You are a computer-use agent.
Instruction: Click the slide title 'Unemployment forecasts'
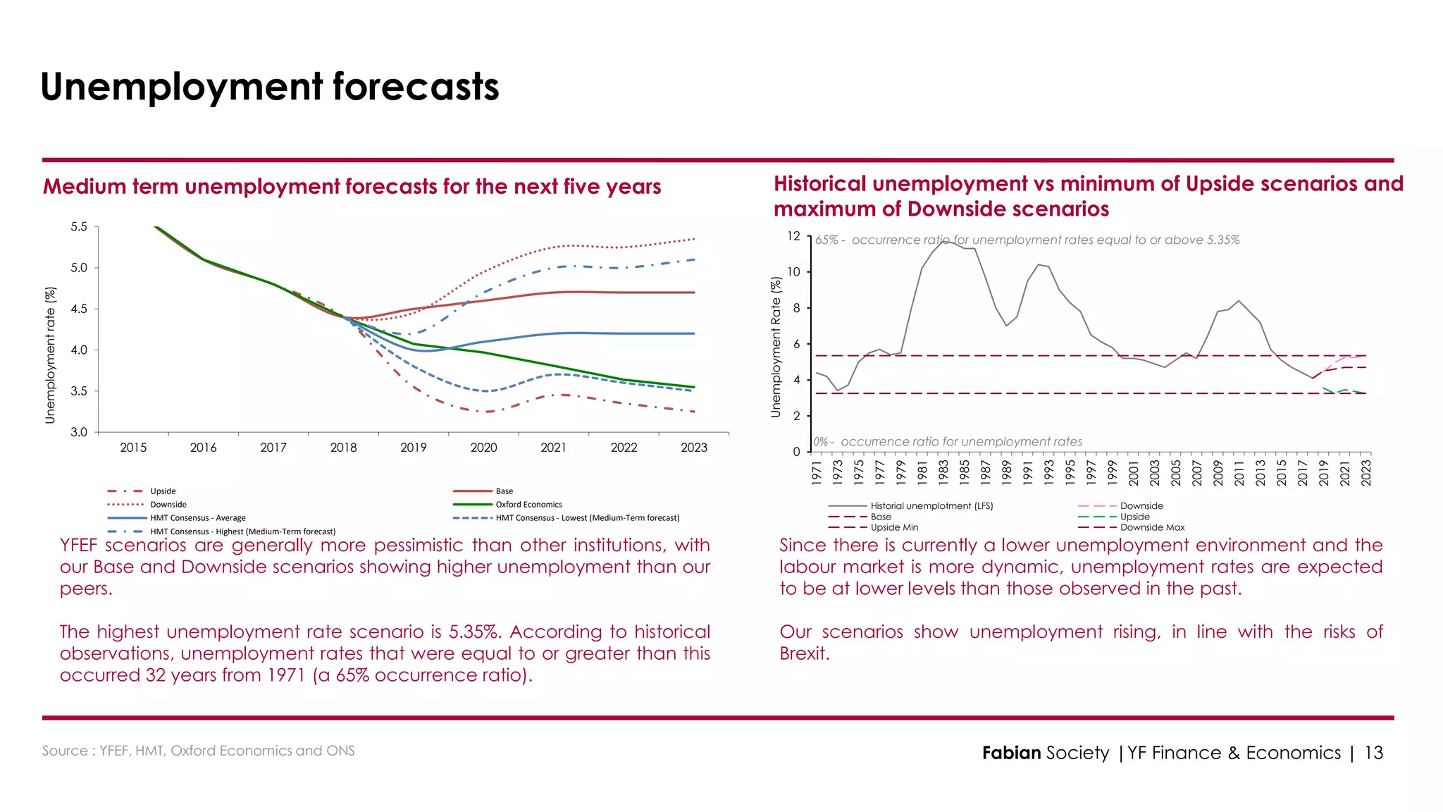269,87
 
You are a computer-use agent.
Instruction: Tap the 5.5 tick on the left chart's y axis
79,227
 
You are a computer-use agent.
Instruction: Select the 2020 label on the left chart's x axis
483,448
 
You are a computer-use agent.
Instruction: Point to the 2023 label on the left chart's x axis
693,448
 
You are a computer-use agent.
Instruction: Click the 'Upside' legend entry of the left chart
163,491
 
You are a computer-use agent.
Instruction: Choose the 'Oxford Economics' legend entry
528,505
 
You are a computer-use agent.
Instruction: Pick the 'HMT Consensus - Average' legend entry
197,518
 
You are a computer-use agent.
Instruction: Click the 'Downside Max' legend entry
1152,528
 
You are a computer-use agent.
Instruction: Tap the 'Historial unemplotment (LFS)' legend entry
931,506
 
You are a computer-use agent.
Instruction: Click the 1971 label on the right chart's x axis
817,472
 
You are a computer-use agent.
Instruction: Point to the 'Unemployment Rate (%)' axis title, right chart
776,347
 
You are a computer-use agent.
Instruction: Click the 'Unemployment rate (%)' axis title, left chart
50,355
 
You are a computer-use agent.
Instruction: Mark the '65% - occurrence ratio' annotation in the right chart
1027,240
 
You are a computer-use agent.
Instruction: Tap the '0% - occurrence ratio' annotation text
948,442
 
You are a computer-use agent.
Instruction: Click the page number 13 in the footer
1373,753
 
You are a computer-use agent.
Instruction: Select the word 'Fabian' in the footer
1011,753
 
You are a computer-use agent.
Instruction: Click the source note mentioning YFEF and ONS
198,751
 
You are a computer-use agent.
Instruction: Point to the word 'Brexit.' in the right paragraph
804,653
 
